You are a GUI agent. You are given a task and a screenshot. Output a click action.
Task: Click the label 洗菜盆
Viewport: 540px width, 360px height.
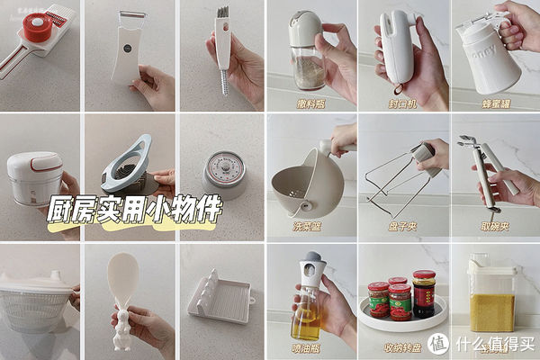(x=310, y=225)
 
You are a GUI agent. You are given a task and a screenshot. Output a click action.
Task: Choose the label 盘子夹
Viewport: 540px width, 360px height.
(x=401, y=225)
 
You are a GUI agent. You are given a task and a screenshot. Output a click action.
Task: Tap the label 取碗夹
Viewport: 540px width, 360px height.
(x=493, y=225)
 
